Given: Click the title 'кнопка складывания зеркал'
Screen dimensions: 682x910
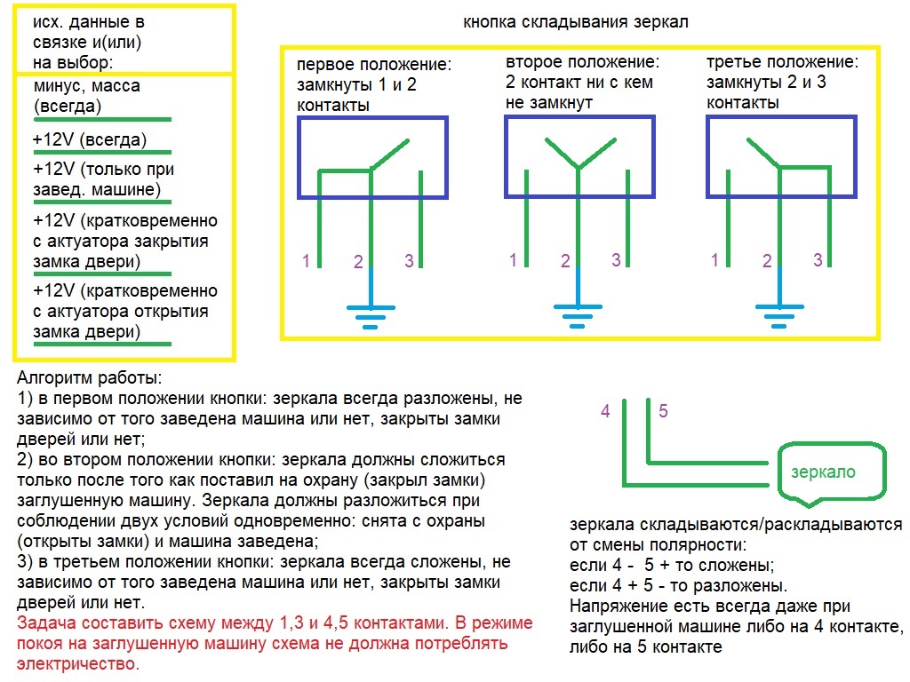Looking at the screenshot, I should click(575, 22).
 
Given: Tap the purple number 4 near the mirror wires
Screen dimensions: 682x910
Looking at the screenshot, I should click(605, 411).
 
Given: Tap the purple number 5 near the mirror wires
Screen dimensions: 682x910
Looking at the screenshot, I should click(663, 411).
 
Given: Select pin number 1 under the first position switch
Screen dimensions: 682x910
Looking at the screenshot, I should click(306, 261).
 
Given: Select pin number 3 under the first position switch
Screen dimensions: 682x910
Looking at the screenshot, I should click(409, 261).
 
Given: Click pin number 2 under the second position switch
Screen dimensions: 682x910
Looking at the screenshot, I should click(565, 262).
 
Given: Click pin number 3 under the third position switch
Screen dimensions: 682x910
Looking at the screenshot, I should click(818, 260).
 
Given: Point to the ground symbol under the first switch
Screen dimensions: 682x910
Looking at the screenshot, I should click(370, 314).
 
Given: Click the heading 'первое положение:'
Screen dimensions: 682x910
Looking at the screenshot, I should click(374, 66).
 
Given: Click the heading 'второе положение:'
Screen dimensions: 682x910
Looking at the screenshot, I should click(583, 63).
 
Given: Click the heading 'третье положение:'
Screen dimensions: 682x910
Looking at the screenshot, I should click(783, 63).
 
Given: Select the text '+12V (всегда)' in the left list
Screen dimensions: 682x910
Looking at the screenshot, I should click(89, 140).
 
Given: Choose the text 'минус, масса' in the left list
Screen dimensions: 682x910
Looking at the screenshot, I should click(86, 87).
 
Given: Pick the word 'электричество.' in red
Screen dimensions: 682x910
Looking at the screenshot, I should click(78, 662).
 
